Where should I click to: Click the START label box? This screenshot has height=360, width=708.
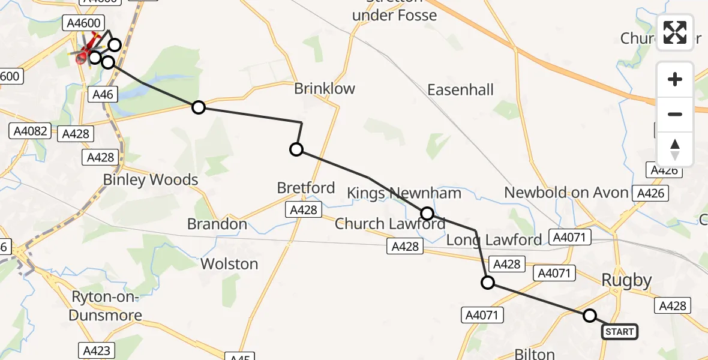619,331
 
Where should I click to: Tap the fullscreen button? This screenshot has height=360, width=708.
675,32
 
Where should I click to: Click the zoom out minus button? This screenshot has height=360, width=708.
675,114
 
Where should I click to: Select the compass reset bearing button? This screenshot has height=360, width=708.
675,149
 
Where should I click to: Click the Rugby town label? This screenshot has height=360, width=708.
626,280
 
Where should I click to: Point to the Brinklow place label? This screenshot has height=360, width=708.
325,89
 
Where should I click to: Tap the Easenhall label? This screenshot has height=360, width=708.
460,90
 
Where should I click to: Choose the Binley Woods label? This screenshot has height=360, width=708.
151,179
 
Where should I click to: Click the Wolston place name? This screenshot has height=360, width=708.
229,264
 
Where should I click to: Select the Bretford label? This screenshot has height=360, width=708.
306,188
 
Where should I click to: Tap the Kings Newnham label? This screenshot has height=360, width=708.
404,193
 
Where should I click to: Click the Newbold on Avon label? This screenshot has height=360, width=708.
566,193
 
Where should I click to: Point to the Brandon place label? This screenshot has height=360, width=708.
217,224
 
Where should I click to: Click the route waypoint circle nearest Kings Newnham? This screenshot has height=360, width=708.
427,213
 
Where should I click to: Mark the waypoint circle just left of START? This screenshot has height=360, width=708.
590,316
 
